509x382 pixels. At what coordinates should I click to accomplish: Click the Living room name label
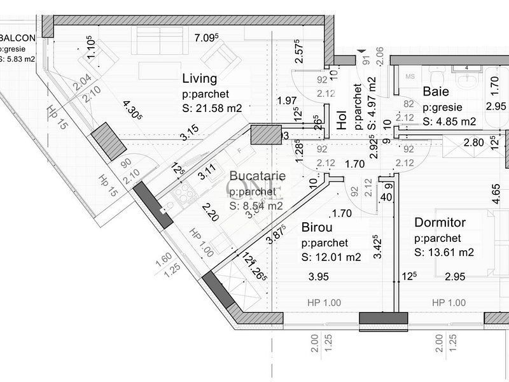200,80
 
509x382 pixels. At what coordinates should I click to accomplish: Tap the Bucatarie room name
257,175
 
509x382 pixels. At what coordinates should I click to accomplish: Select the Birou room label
317,227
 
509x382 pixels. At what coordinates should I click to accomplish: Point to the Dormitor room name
440,223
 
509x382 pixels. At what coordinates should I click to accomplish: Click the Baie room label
435,92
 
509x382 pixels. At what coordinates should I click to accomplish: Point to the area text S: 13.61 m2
444,253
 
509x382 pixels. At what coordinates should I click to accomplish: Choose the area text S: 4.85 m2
449,121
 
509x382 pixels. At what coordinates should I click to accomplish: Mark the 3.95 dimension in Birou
317,276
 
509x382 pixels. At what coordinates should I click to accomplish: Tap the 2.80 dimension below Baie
474,143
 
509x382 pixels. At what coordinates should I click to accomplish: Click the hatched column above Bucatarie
265,134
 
